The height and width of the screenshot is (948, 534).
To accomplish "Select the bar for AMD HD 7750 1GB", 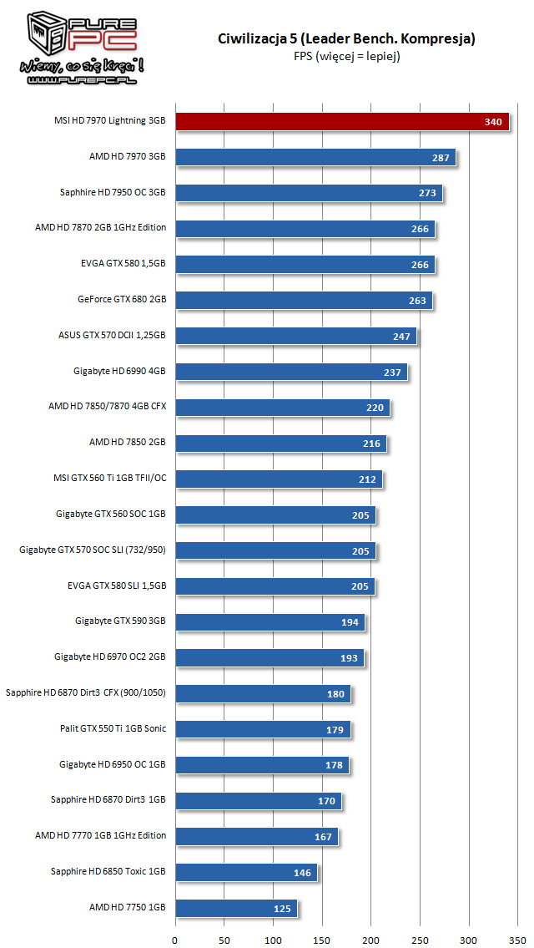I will (x=235, y=908).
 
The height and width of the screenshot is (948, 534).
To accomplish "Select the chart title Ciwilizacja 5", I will (x=346, y=38).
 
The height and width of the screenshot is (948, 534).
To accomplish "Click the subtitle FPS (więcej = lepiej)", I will (x=346, y=56).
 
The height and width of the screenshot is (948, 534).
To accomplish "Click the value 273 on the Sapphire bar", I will (x=428, y=194).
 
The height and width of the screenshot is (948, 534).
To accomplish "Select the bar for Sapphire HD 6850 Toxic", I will (x=246, y=872).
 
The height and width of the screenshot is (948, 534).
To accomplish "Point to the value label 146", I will (x=302, y=873).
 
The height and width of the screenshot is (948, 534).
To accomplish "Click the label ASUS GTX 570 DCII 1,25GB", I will (x=112, y=336).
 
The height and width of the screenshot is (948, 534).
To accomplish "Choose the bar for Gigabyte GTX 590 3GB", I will (x=270, y=621).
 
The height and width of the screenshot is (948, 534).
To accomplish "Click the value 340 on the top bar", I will (x=493, y=123).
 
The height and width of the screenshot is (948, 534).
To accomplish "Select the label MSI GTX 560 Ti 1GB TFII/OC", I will (x=109, y=479).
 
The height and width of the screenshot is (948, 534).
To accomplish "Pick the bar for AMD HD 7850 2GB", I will (x=280, y=444).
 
